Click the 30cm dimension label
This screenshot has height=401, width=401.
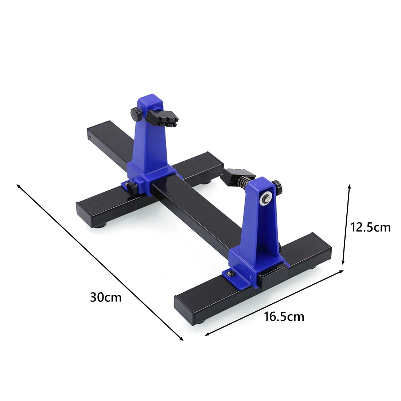pyautogui.click(x=106, y=297)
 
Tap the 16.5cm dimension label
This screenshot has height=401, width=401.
pyautogui.click(x=284, y=316)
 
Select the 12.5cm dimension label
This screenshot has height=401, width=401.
pyautogui.click(x=370, y=227)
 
